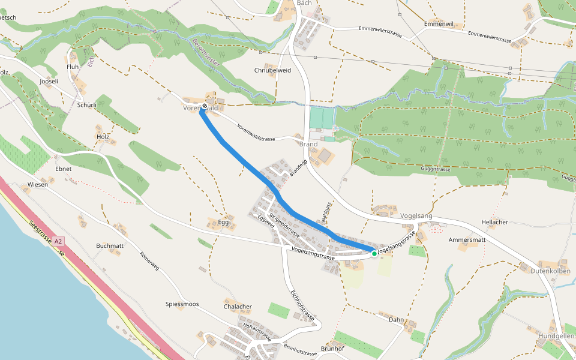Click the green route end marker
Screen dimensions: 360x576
coord(374,254)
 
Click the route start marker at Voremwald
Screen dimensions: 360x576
coord(205,106)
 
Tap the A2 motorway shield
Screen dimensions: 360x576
coord(58,241)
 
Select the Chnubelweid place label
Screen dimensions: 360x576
coord(272,70)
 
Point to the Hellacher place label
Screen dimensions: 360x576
coord(494,222)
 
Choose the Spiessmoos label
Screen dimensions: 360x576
coord(182,304)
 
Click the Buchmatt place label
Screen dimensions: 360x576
coord(110,246)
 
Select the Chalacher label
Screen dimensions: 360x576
coord(238,307)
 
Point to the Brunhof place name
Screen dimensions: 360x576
coord(332,349)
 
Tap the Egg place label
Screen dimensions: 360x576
coord(224,222)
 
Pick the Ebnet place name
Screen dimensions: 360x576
coord(63,169)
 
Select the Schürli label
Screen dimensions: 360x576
coord(87,104)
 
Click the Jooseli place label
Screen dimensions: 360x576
coord(49,81)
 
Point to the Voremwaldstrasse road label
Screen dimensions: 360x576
coord(256,133)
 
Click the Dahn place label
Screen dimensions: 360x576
coord(396,320)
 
